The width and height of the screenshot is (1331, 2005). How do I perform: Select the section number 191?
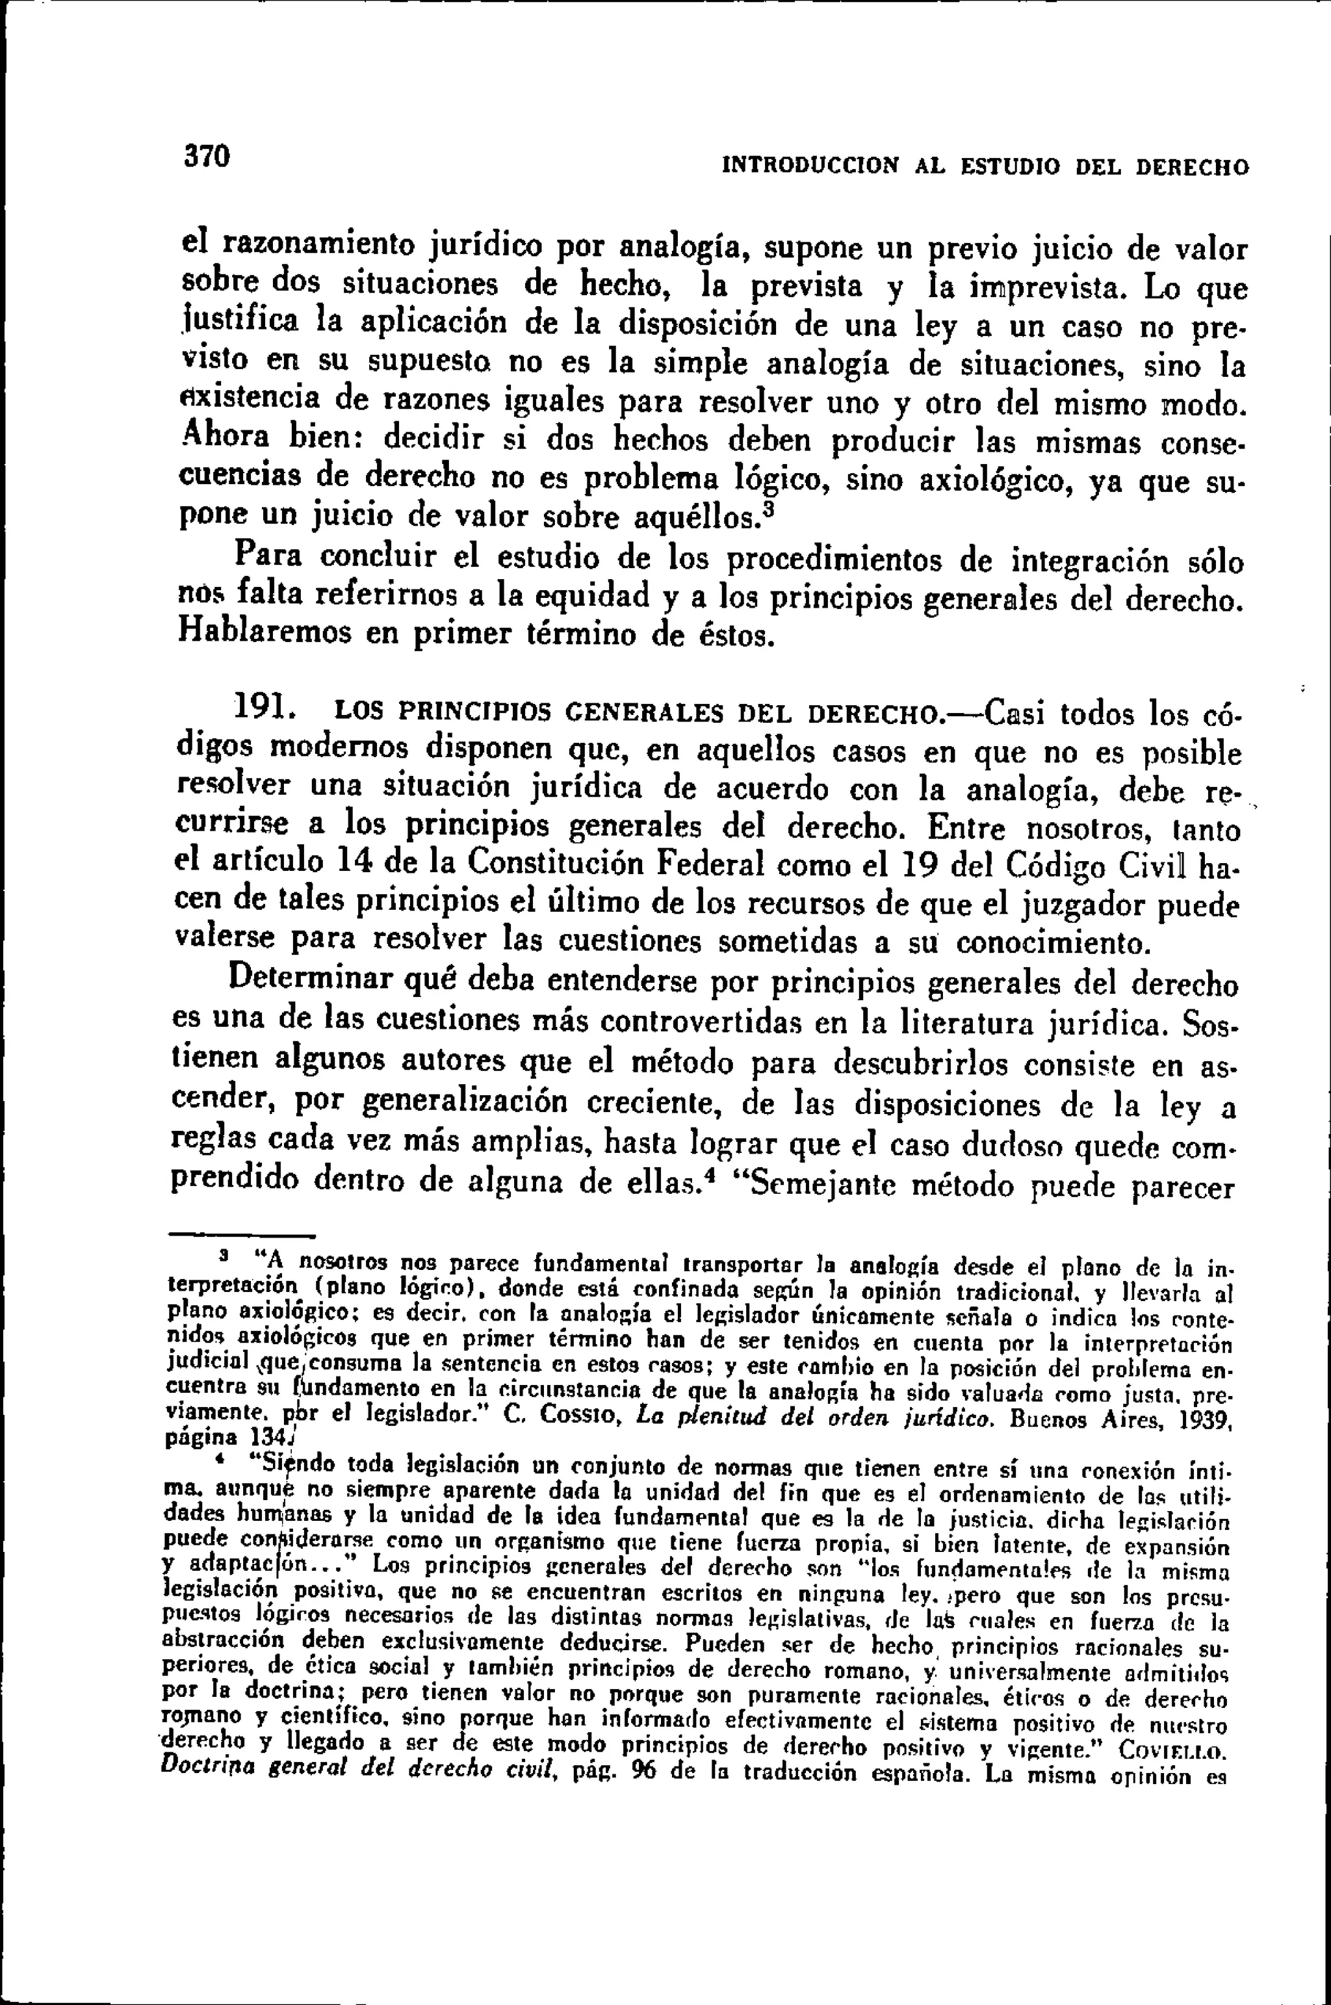(265, 705)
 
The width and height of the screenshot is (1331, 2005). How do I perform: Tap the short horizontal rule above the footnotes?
(240, 1235)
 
